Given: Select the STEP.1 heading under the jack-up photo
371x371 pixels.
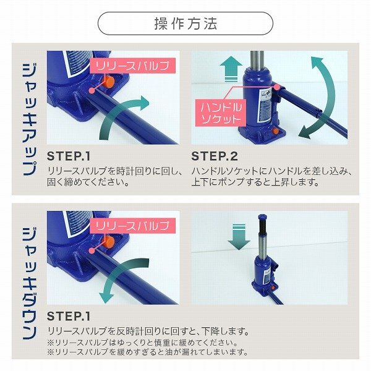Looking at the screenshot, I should pyautogui.click(x=69, y=156).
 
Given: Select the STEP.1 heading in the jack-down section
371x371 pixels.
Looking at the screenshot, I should pyautogui.click(x=69, y=317).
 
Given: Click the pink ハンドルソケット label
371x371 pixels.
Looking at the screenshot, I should pyautogui.click(x=221, y=113).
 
